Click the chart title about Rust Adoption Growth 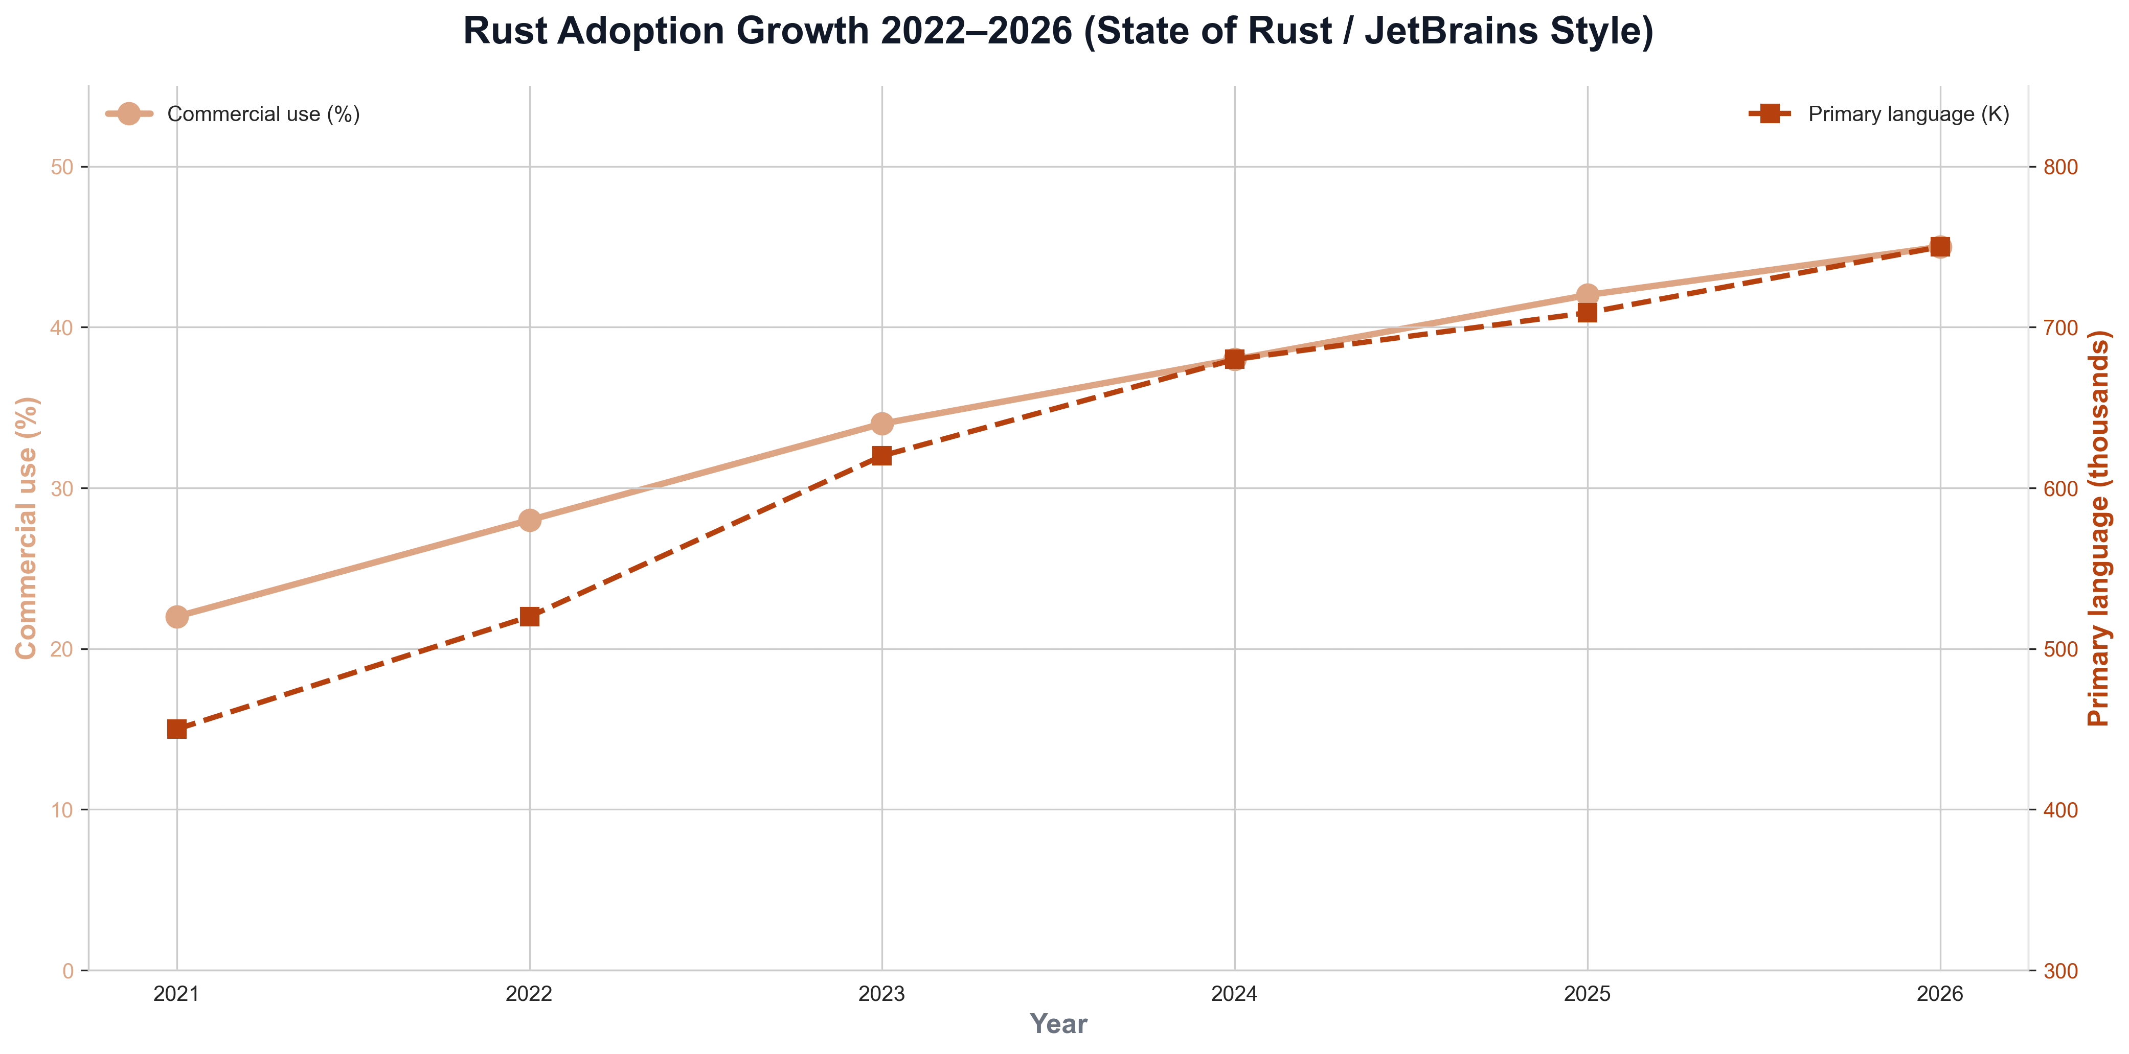(1058, 31)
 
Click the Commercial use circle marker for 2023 (882, 424)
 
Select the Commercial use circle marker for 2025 (1587, 295)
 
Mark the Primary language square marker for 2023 (882, 456)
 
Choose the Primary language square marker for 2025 (1587, 312)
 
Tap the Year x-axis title (1058, 1024)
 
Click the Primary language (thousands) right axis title (2099, 529)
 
